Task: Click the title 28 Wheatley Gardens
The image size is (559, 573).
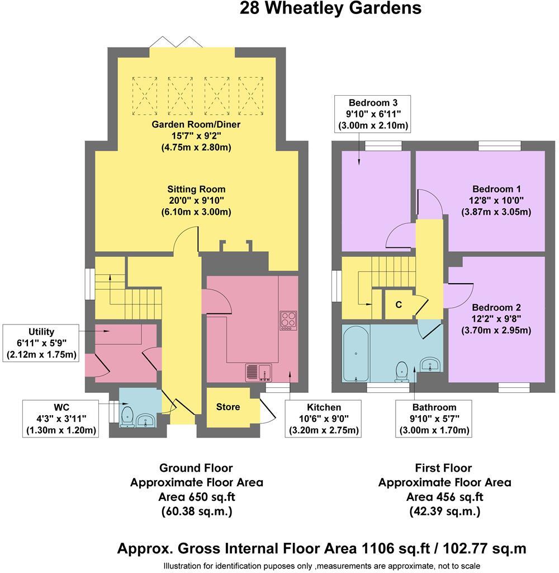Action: [330, 8]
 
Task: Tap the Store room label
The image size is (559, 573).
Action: [228, 407]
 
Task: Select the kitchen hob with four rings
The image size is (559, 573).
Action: [288, 320]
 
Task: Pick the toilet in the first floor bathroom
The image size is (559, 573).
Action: [401, 372]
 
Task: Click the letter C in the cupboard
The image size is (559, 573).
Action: [399, 305]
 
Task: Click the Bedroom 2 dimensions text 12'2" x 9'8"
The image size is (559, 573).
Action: [496, 319]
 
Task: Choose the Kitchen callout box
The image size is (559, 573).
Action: [324, 419]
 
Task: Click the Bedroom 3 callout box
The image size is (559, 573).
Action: [373, 114]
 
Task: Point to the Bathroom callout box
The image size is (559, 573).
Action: [434, 419]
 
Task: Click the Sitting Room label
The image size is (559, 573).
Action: [196, 189]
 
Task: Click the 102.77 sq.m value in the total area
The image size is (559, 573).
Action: [487, 548]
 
